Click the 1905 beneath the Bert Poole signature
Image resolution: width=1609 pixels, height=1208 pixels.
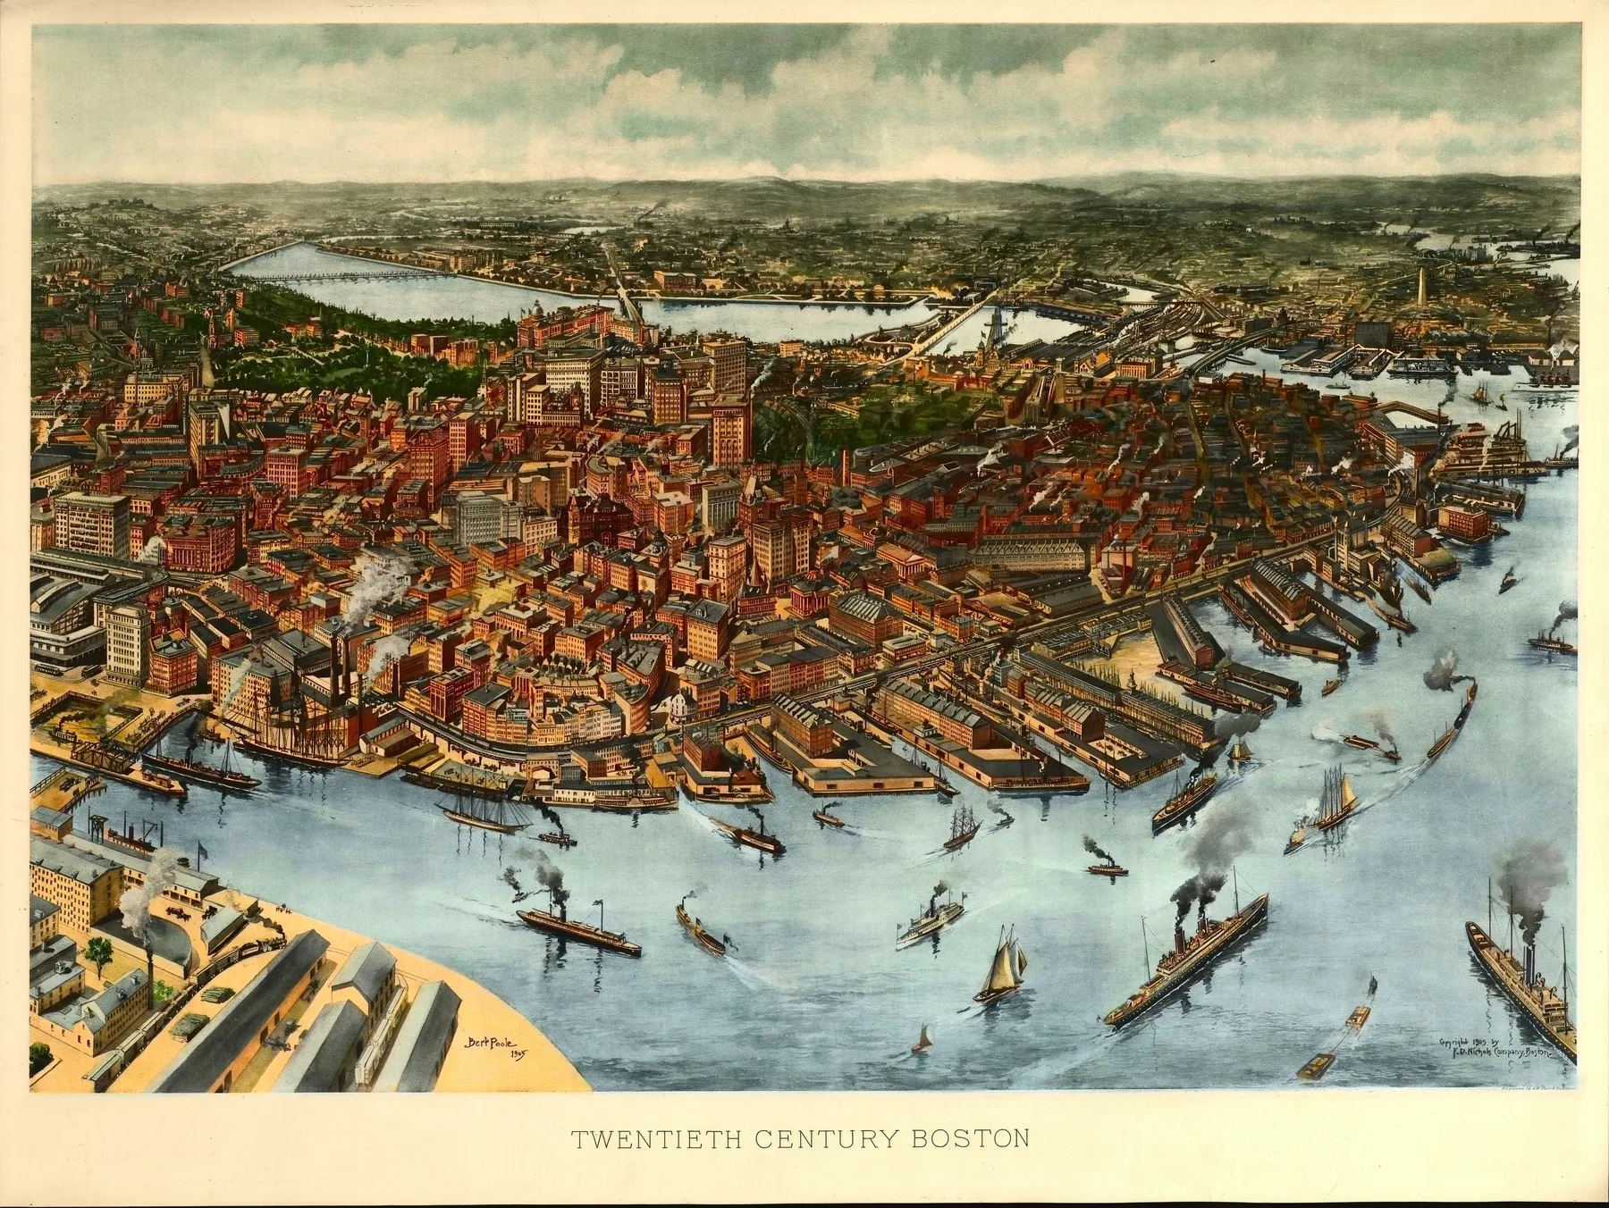click(x=517, y=1056)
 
